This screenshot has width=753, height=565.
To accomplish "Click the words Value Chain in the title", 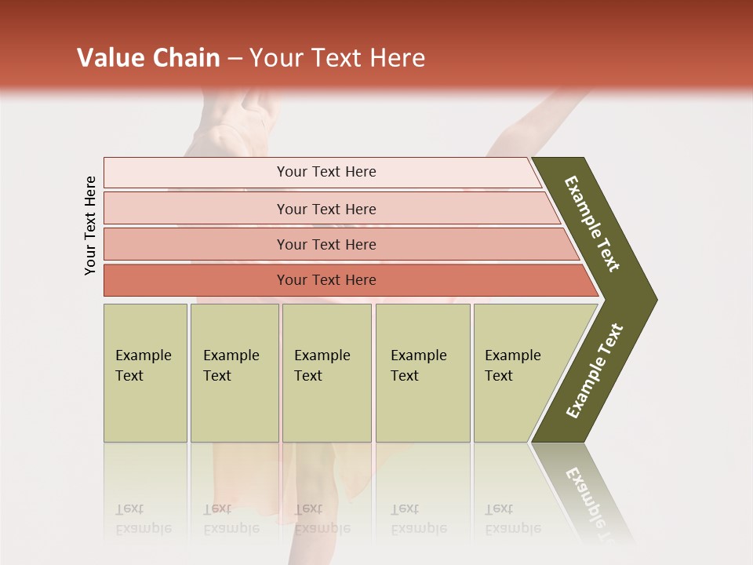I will (148, 58).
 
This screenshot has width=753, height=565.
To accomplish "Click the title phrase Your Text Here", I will (337, 58).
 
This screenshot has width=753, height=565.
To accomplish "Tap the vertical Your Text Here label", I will (90, 225).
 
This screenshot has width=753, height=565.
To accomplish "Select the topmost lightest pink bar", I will (326, 172).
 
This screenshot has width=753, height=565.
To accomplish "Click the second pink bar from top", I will (326, 209).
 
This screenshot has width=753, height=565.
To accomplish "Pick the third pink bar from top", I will (326, 244).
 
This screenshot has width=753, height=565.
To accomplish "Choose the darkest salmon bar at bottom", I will (326, 280).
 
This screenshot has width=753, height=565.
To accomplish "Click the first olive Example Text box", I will (145, 373).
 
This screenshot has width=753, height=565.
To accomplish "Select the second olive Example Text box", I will (234, 373).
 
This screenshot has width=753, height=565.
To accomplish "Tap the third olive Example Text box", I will (326, 373).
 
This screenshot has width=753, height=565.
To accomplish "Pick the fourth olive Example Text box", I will (422, 373).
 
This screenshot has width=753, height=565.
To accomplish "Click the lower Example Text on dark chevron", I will (595, 371).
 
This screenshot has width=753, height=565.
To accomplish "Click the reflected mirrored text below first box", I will (143, 519).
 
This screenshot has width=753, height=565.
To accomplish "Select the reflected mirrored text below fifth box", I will (512, 519).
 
